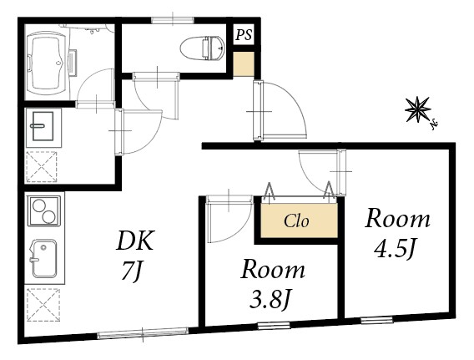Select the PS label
pyautogui.click(x=244, y=35)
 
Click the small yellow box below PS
pyautogui.click(x=243, y=64)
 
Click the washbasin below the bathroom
pyautogui.click(x=41, y=128)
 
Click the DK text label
pyautogui.click(x=134, y=241)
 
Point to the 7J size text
pyautogui.click(x=134, y=272)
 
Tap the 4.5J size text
pyautogui.click(x=397, y=250)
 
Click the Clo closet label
pyautogui.click(x=296, y=222)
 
